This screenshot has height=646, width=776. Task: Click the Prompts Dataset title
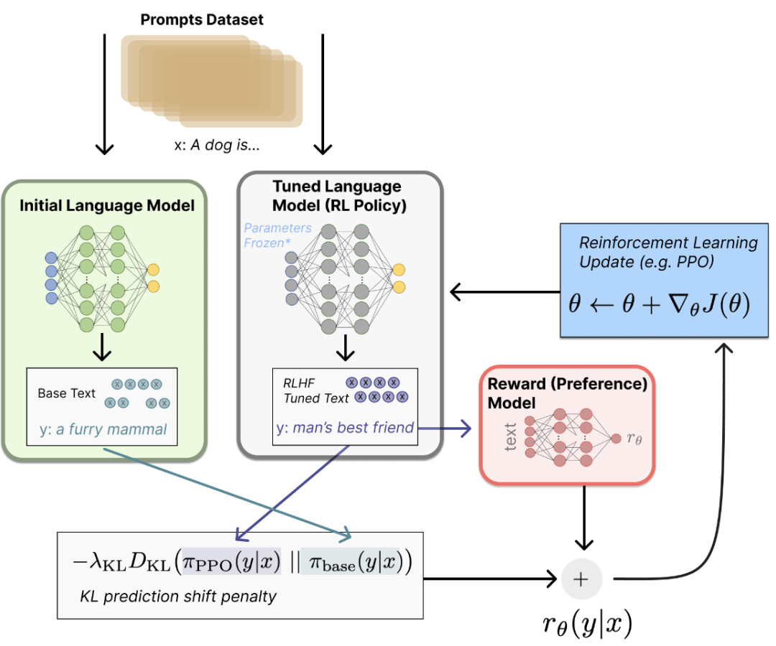[x=201, y=19]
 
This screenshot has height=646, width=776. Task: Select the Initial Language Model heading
[x=106, y=206]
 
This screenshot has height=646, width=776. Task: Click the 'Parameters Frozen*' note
[x=278, y=234]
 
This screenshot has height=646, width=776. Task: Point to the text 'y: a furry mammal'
[x=103, y=430]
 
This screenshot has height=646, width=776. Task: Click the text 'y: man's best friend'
[x=345, y=428]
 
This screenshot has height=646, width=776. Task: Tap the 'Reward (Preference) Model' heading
[x=568, y=393]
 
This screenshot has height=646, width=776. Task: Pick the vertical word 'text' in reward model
[x=511, y=436]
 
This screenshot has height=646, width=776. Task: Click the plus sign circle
[x=581, y=579]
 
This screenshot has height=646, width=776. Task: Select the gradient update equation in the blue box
[x=659, y=306]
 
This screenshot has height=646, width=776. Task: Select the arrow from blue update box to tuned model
[x=503, y=292]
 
